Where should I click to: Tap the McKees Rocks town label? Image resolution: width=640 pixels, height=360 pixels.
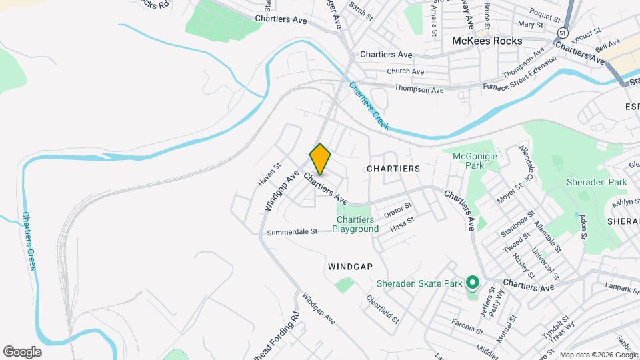[x=487, y=40]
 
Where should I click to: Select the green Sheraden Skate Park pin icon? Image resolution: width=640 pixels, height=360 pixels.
[x=473, y=283]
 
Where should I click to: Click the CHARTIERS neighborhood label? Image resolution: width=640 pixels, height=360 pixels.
[x=393, y=169]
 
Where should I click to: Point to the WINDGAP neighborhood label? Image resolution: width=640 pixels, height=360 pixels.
[x=349, y=266]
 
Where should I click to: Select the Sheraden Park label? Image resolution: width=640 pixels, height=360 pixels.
[x=597, y=182]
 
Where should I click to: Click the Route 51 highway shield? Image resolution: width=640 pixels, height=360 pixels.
[x=564, y=33]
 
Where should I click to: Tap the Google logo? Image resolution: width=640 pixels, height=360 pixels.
[x=22, y=351]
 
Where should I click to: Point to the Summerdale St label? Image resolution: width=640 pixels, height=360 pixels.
[x=292, y=233]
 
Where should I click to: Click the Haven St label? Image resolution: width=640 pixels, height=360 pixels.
[x=266, y=175]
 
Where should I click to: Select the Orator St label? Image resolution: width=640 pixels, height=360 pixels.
[x=398, y=212]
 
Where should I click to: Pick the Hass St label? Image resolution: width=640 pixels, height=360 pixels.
[x=402, y=223]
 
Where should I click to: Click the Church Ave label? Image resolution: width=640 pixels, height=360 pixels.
[x=405, y=71]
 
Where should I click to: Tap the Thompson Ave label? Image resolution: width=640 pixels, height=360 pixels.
[x=419, y=89]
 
